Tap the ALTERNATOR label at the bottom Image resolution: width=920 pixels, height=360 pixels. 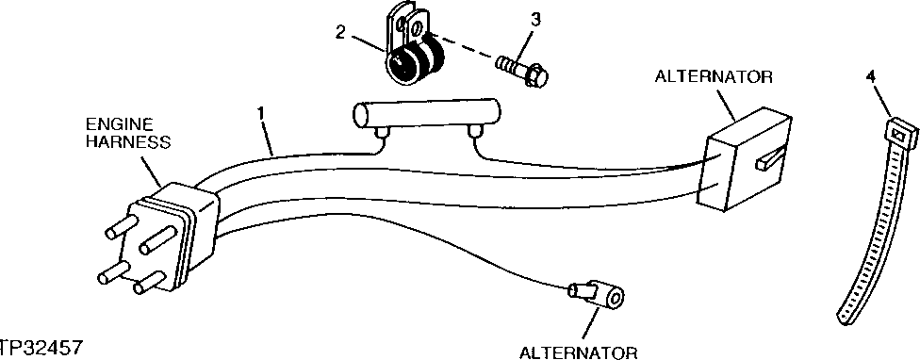[x=580, y=352]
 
